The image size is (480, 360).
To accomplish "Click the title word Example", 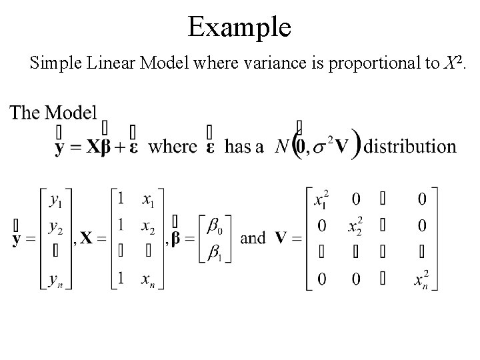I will (239, 27).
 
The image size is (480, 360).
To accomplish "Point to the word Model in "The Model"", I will (71, 113).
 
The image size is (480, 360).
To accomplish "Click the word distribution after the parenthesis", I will (412, 146).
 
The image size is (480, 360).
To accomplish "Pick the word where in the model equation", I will (172, 146).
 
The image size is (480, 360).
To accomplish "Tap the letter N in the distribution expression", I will (283, 146).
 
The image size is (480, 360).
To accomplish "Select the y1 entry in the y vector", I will (57, 198).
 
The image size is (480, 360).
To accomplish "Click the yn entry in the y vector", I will (57, 281).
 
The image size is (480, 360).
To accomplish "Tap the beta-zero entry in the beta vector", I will (215, 227).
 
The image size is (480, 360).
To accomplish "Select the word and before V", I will (253, 238).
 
